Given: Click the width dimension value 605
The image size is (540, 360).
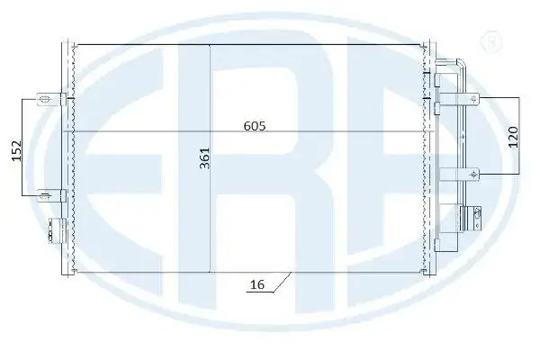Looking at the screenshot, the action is [x=255, y=126].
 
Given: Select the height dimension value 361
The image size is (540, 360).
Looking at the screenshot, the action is [x=205, y=158].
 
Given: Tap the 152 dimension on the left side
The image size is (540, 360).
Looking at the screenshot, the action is [x=16, y=150].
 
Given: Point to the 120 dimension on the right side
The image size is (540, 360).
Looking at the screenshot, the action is [x=513, y=137].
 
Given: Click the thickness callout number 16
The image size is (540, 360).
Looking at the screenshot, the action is [x=257, y=284].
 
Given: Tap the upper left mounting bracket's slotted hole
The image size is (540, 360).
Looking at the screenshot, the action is [x=44, y=100].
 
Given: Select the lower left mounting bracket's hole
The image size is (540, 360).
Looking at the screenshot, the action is [x=44, y=196].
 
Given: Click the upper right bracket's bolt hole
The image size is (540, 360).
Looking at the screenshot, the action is [x=474, y=99].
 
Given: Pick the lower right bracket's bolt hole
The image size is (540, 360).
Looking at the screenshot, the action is [x=474, y=175].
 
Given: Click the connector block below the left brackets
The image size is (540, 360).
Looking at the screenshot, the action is [x=57, y=230].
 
